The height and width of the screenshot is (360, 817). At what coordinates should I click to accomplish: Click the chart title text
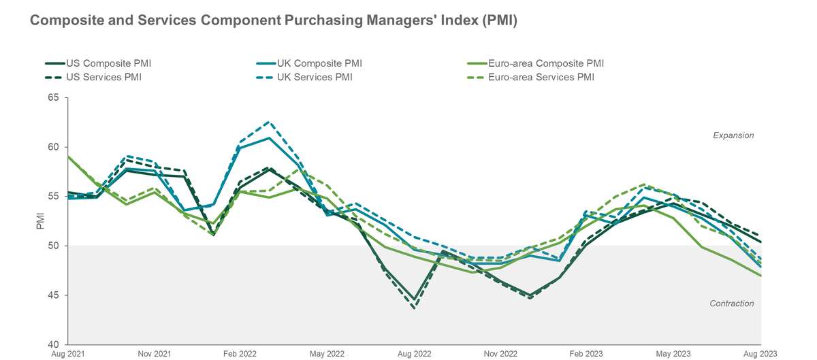274,21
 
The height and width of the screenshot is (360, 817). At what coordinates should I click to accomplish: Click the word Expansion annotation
733,135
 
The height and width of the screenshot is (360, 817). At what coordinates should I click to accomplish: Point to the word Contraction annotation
732,304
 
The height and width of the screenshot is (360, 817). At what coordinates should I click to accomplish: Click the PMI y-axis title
39,221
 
